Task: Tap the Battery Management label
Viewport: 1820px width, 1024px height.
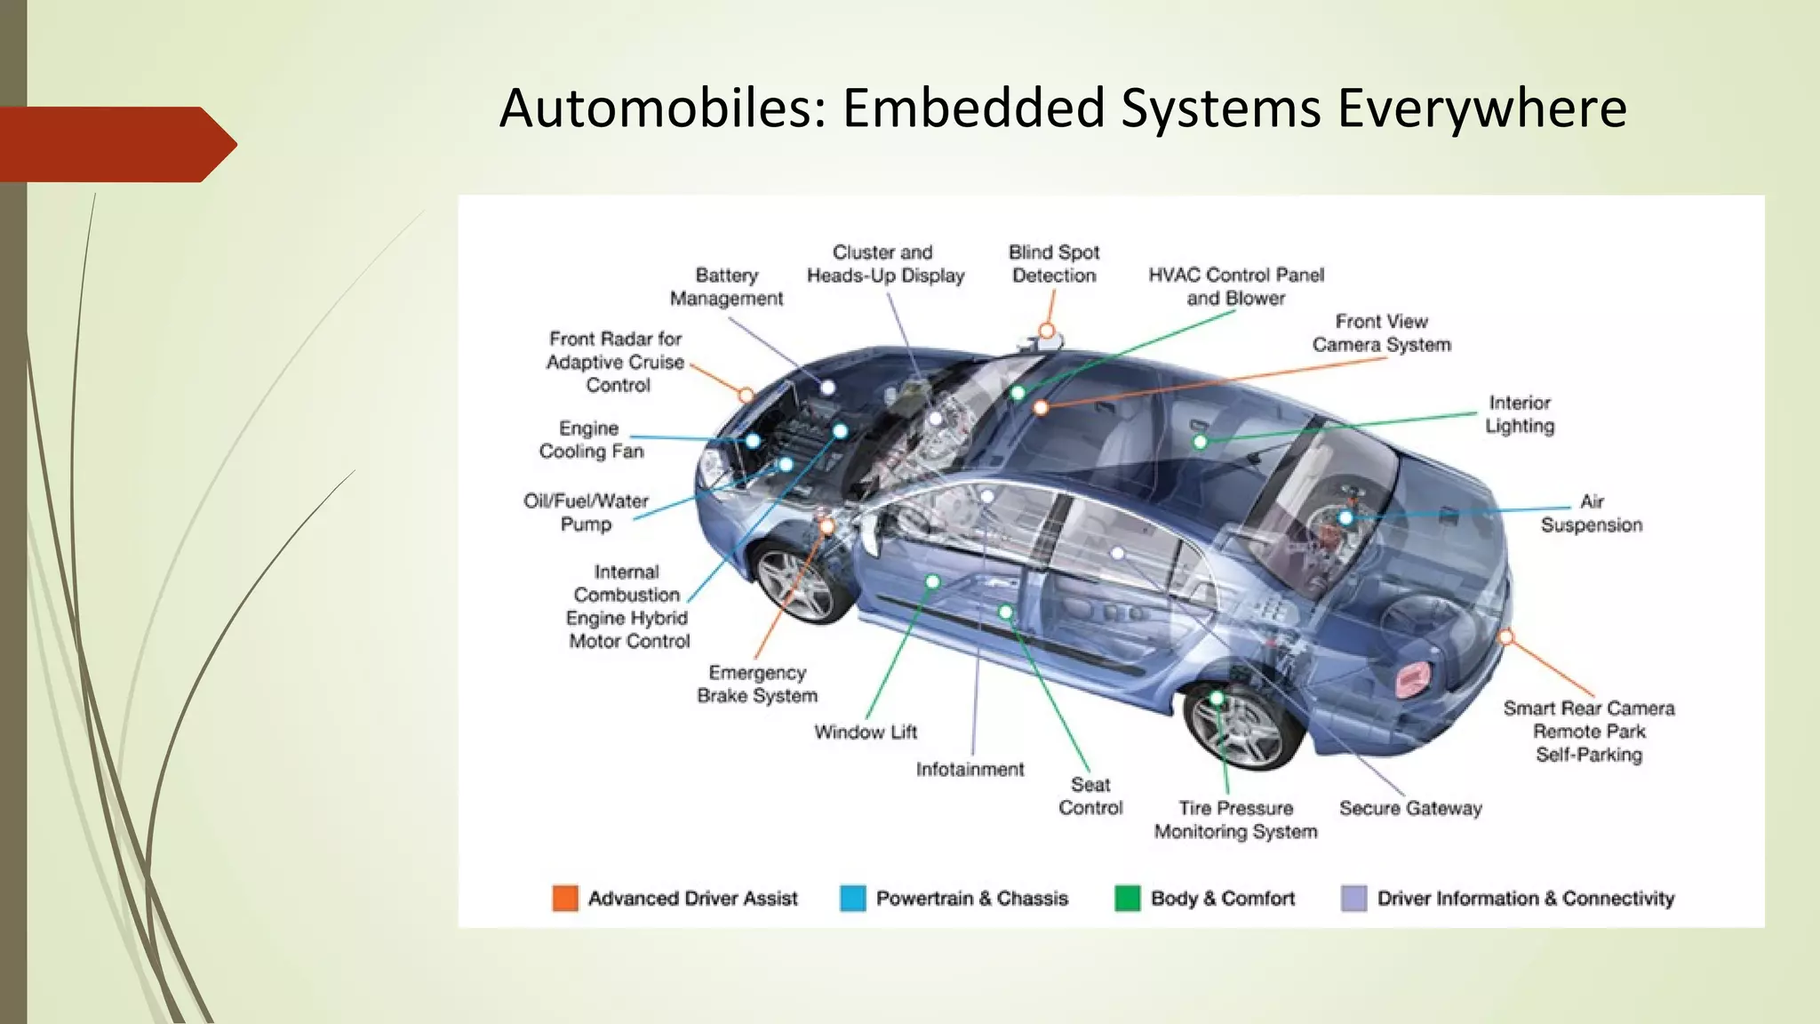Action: tap(726, 287)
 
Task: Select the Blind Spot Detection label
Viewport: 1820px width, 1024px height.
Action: tap(1054, 264)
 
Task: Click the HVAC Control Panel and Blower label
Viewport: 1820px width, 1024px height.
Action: tap(1235, 286)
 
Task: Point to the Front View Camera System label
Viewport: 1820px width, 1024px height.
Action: tap(1381, 333)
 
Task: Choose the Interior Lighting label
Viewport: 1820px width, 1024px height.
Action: tap(1520, 414)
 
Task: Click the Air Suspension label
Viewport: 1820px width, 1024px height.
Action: tap(1591, 514)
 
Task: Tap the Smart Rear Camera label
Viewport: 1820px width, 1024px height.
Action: tap(1588, 708)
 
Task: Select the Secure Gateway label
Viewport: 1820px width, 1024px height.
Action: tap(1410, 809)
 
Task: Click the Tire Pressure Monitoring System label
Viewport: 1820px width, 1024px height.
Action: tap(1235, 820)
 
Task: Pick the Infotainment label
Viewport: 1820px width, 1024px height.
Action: tap(970, 770)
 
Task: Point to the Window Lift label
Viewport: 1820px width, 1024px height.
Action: tap(866, 732)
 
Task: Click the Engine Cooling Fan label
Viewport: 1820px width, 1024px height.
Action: tap(590, 440)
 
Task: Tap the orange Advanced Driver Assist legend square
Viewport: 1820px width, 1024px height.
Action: tap(565, 899)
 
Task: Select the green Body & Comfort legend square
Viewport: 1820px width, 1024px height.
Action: tap(1127, 899)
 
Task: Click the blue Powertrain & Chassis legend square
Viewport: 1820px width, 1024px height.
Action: tap(852, 899)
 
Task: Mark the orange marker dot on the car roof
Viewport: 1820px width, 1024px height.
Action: tap(1047, 332)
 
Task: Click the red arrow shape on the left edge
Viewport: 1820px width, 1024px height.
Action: tap(116, 144)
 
